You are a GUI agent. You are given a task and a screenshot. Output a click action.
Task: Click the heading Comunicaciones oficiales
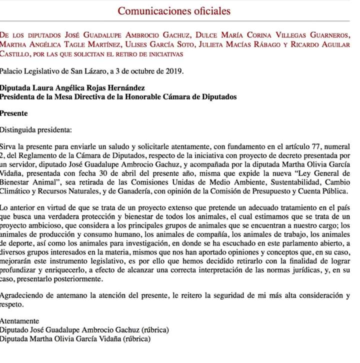174,10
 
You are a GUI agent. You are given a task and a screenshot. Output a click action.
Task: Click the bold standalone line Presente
14,113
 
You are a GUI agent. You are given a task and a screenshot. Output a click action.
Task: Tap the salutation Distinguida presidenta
36,130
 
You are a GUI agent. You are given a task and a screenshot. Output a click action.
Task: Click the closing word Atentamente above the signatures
19,321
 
